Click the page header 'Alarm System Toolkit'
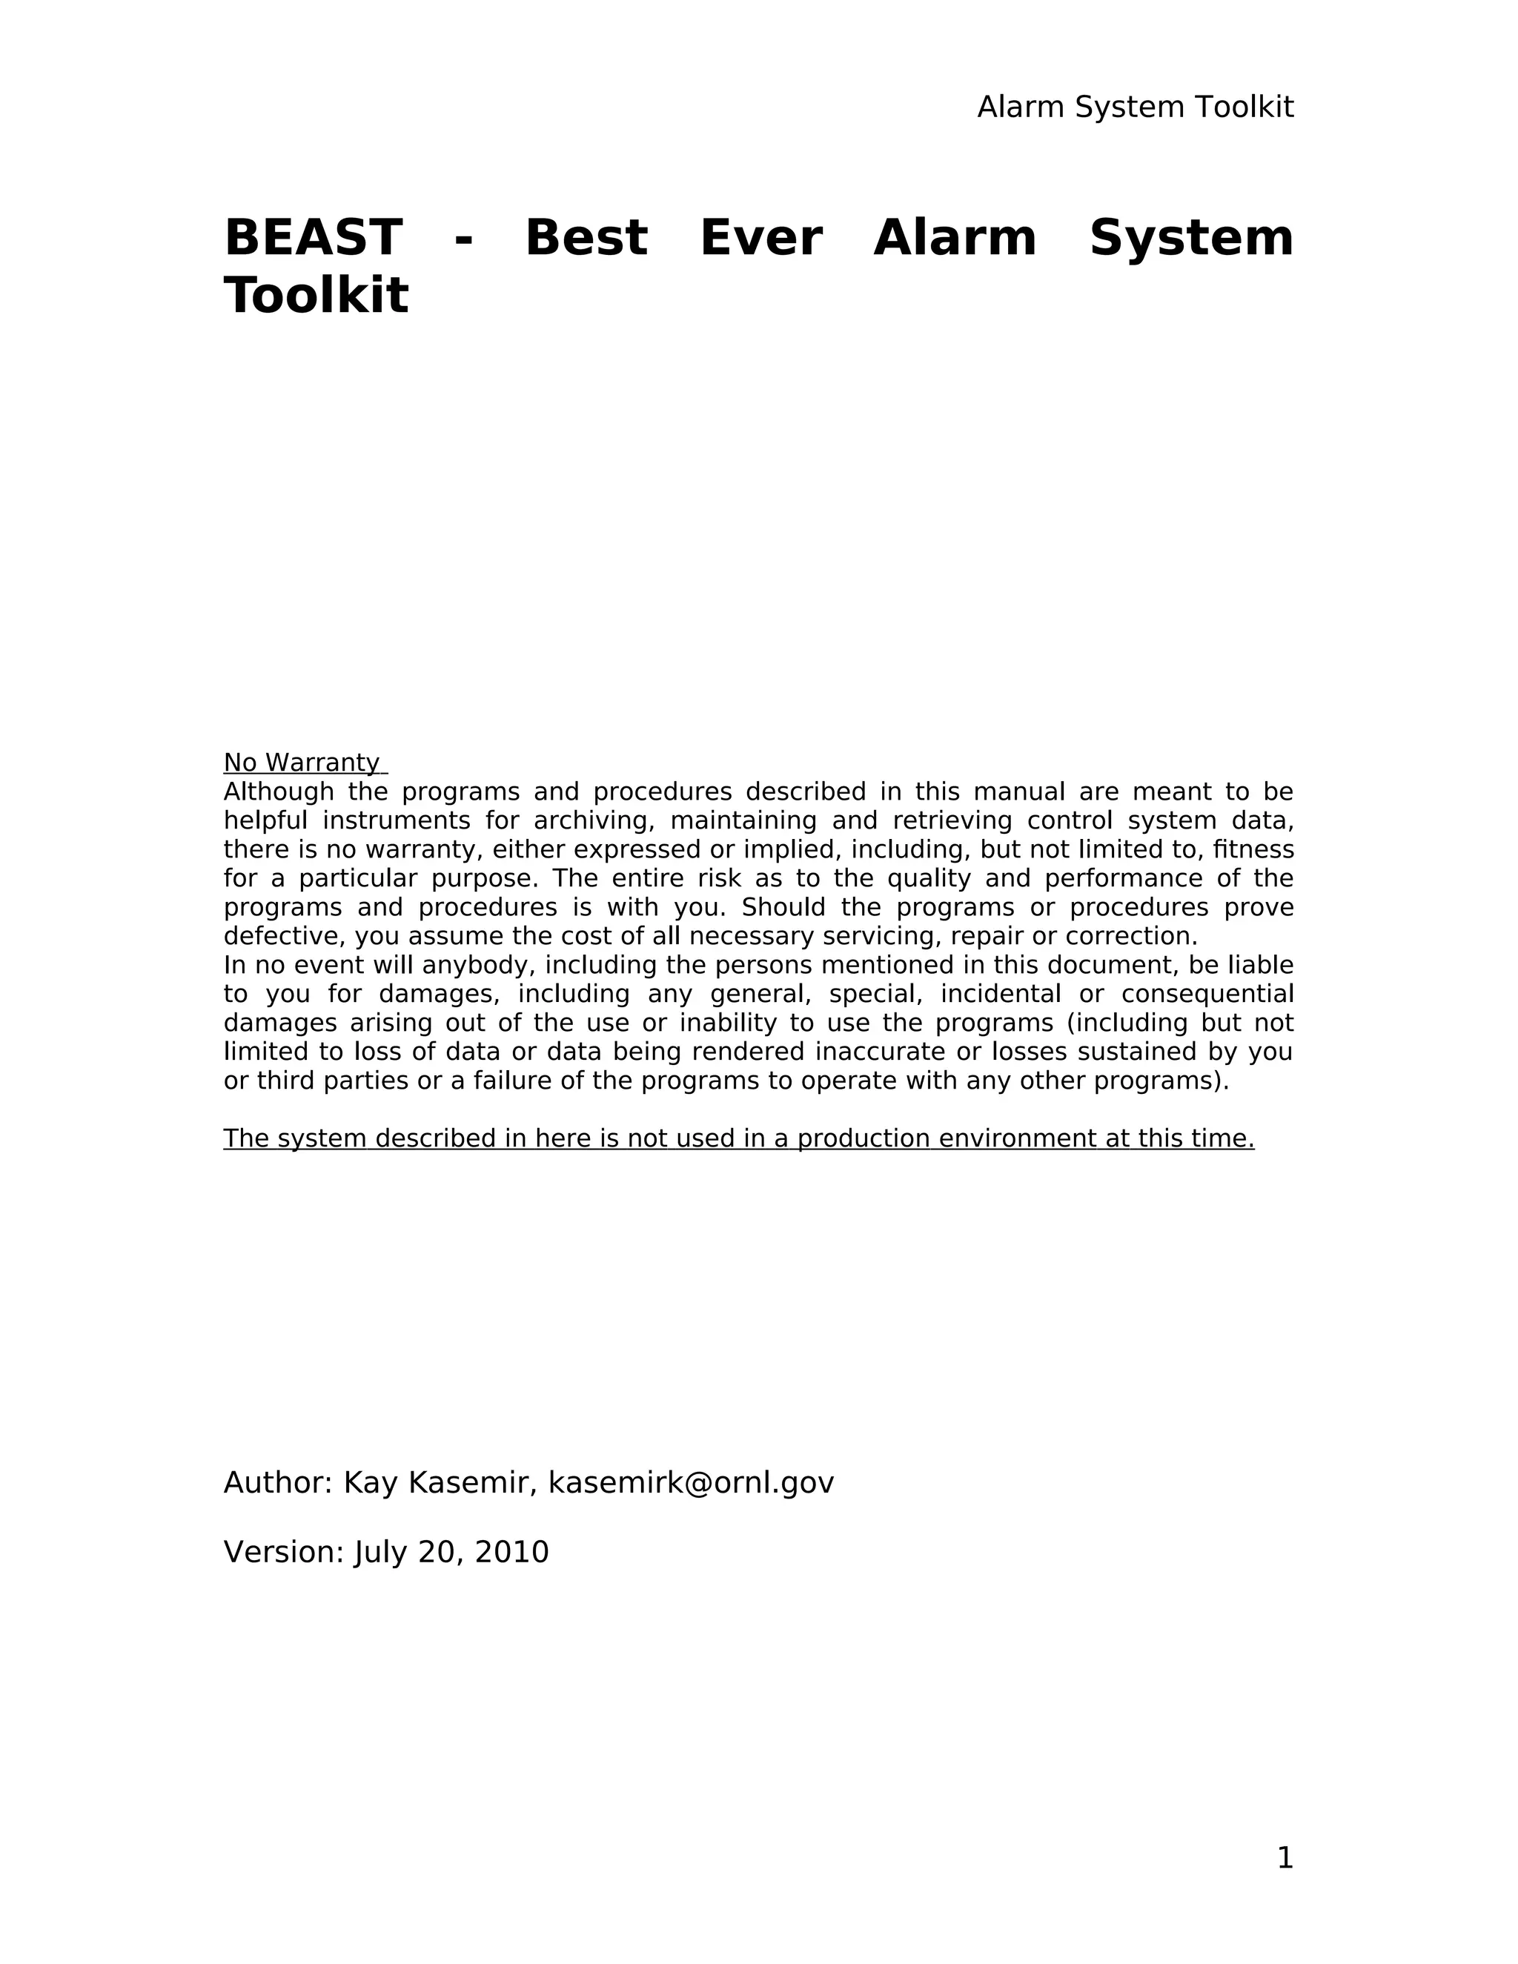(1135, 107)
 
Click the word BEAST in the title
(312, 239)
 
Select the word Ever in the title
(760, 239)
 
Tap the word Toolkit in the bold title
(316, 296)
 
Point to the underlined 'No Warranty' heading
(301, 763)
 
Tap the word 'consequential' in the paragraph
(1207, 995)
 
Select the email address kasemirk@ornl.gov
(691, 1483)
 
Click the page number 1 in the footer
(1285, 1858)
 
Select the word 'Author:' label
(278, 1483)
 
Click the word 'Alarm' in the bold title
(954, 239)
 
